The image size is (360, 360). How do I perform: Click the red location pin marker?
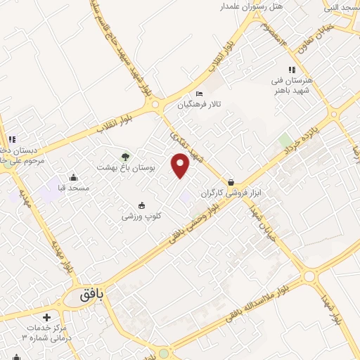[x=181, y=165]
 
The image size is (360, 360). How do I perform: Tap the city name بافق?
[x=91, y=297]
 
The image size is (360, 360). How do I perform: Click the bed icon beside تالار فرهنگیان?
[x=199, y=94]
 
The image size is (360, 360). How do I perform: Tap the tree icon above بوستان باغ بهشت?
[x=125, y=156]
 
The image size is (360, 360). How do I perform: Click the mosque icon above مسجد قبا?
[x=74, y=177]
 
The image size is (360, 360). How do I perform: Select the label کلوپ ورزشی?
[x=141, y=216]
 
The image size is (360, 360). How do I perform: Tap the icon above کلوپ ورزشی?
[x=142, y=205]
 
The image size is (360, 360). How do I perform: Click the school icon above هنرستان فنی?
[x=291, y=69]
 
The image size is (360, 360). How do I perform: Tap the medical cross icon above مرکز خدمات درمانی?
[x=46, y=318]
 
